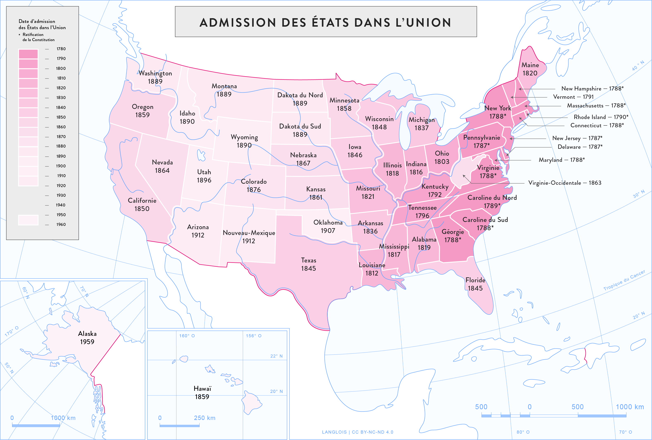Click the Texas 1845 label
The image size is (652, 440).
tap(308, 264)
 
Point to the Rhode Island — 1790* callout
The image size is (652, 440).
tap(601, 117)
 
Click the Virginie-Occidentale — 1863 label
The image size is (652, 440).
tap(564, 183)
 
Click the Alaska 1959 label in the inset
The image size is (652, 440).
tap(87, 337)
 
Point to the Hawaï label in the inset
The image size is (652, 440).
tap(202, 389)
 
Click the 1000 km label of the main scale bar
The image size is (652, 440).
tap(629, 407)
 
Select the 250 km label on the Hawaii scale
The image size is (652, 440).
tap(205, 418)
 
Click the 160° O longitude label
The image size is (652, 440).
tap(187, 336)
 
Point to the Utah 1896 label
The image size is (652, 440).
tap(204, 176)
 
